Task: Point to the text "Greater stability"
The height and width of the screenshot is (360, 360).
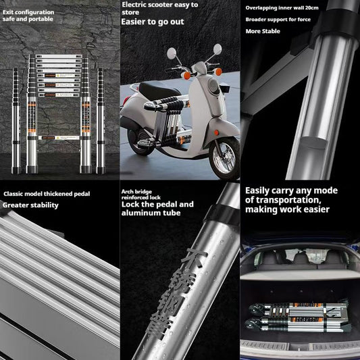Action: click(x=30, y=205)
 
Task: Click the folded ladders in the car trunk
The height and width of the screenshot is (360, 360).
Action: click(x=297, y=315)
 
